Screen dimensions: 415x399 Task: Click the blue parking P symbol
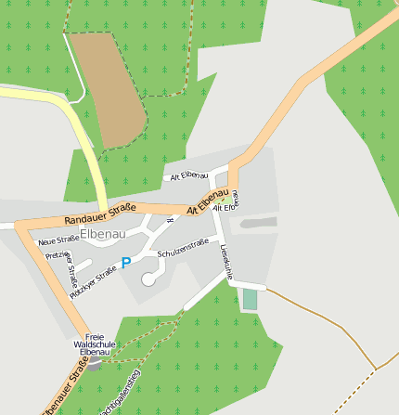point(126,264)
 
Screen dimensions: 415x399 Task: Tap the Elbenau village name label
point(102,234)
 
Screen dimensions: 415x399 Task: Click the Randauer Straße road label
point(100,214)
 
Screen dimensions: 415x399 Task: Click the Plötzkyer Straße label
point(94,275)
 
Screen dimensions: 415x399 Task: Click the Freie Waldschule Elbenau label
point(96,344)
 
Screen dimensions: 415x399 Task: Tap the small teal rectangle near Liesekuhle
point(250,300)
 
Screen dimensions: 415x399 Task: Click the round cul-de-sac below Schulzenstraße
point(148,279)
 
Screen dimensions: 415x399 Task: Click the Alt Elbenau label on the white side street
point(188,175)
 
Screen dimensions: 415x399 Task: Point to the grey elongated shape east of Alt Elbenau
point(258,223)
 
